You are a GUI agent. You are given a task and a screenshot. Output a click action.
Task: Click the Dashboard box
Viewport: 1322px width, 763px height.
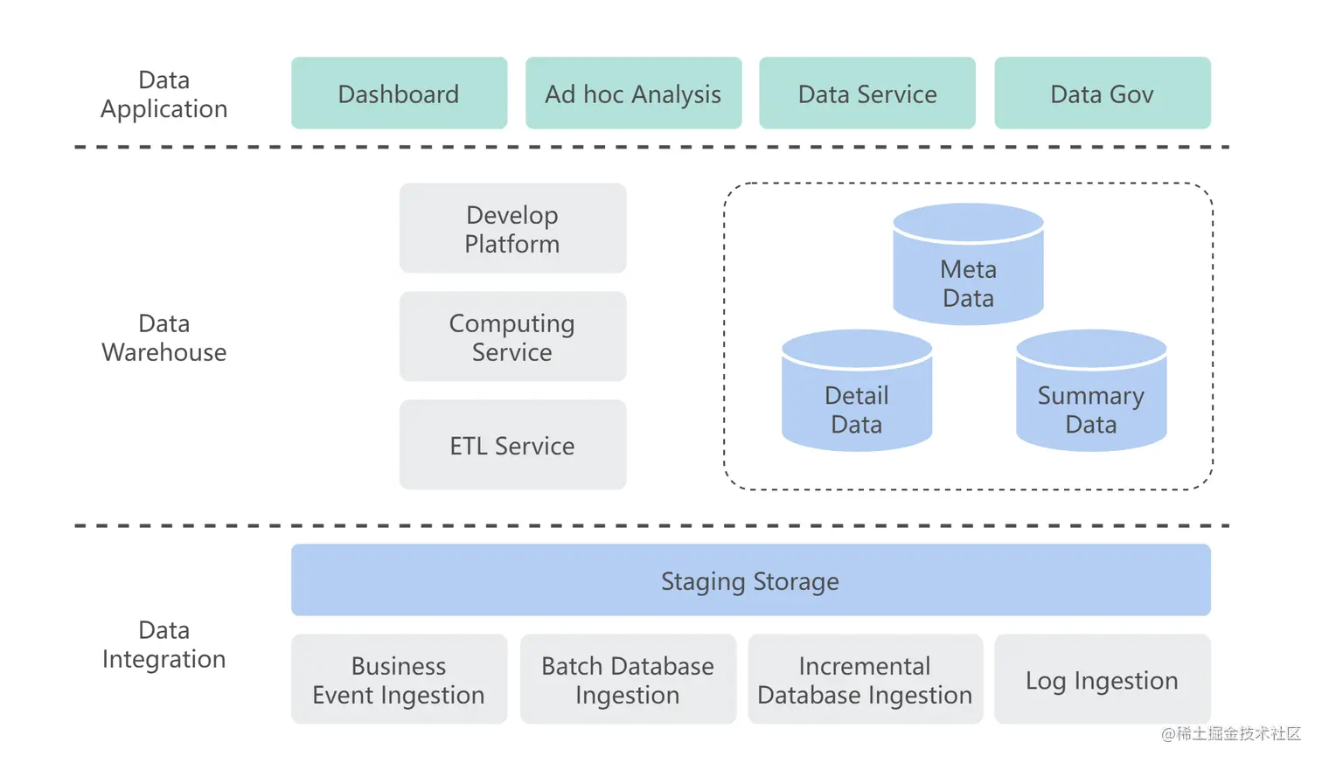pyautogui.click(x=399, y=94)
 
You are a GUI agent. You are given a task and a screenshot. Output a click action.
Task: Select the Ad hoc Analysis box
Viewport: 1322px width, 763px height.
pyautogui.click(x=633, y=94)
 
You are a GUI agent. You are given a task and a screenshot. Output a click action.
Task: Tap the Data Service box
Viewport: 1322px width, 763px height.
pyautogui.click(x=866, y=94)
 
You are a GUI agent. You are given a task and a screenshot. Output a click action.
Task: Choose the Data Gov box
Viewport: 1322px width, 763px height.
pyautogui.click(x=1102, y=94)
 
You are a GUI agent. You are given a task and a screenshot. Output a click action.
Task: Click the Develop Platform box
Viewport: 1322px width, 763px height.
pyautogui.click(x=512, y=228)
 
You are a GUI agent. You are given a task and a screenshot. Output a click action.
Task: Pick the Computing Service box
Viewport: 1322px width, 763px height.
pyautogui.click(x=512, y=336)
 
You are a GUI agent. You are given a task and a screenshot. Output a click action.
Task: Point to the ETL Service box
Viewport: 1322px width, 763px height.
pyautogui.click(x=512, y=445)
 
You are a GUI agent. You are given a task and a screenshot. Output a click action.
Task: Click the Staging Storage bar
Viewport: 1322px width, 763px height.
pyautogui.click(x=750, y=580)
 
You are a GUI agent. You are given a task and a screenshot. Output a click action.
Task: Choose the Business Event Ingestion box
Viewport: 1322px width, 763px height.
pyautogui.click(x=399, y=679)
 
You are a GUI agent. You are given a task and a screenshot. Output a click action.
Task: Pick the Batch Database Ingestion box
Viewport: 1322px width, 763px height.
pyautogui.click(x=628, y=679)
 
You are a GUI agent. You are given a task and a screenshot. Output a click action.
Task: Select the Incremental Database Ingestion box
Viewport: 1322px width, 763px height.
pyautogui.click(x=865, y=679)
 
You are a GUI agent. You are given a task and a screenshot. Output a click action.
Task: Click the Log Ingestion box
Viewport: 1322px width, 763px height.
pyautogui.click(x=1102, y=679)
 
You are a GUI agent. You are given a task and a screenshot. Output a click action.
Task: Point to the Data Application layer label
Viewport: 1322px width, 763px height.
pyautogui.click(x=164, y=94)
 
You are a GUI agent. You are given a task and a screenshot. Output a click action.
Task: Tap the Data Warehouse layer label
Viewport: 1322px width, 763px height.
pyautogui.click(x=164, y=337)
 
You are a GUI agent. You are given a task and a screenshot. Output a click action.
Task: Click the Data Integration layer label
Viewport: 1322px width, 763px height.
pyautogui.click(x=164, y=644)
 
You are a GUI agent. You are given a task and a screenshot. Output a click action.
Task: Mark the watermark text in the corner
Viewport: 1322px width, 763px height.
pyautogui.click(x=1230, y=733)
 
